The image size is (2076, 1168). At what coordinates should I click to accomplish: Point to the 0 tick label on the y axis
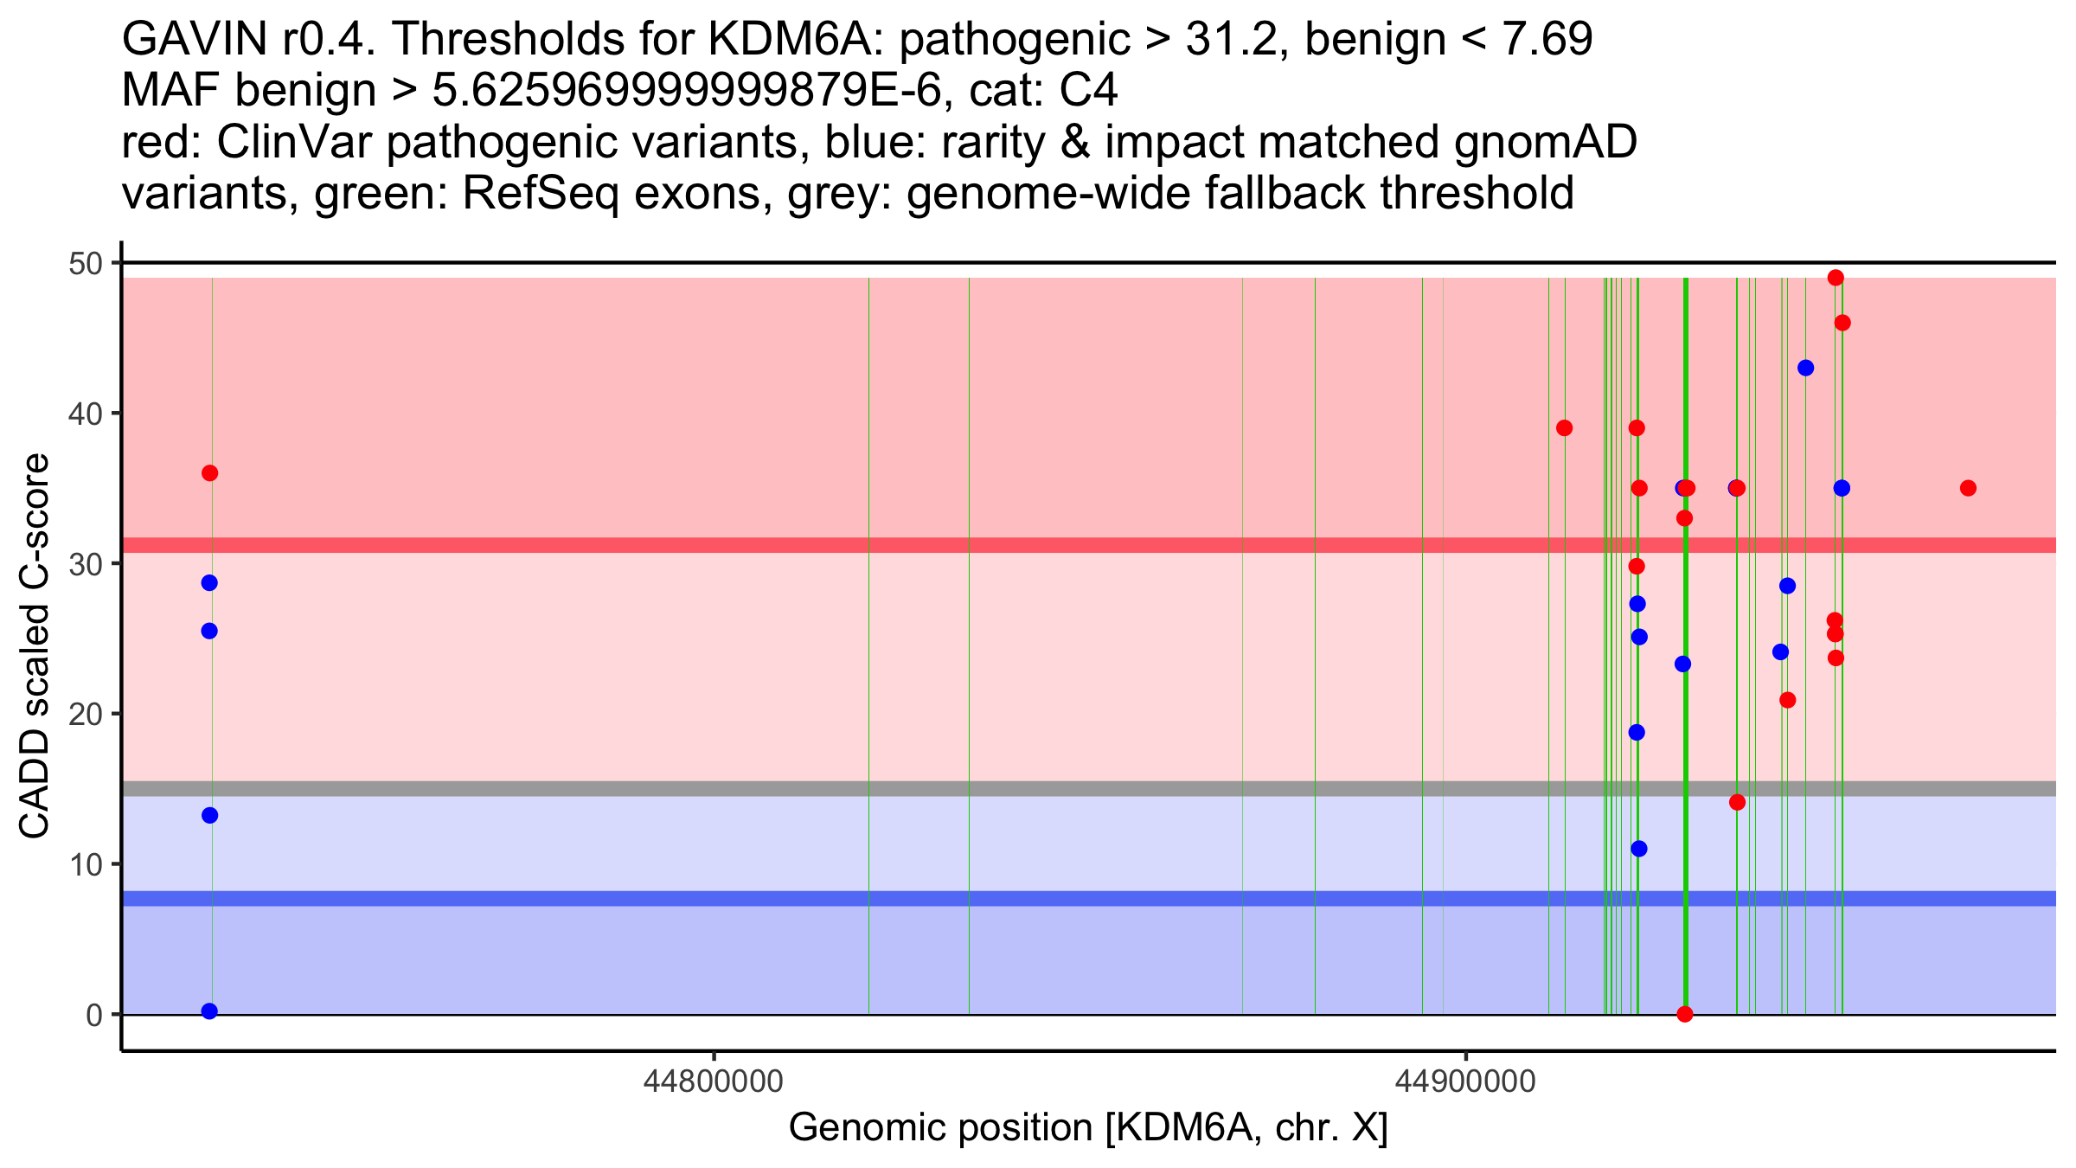pos(93,1015)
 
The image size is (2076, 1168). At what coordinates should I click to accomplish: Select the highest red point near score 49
pos(1836,278)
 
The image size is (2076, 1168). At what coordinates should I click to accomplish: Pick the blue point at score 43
pos(1805,368)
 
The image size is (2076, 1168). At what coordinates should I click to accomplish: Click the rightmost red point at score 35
pos(1968,488)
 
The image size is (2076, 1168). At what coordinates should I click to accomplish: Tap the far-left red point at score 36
pos(209,473)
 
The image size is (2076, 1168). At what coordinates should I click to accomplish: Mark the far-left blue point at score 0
pos(209,1011)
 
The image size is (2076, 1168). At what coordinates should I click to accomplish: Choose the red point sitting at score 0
pos(1684,1014)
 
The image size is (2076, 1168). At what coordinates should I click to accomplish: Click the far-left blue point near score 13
pos(209,815)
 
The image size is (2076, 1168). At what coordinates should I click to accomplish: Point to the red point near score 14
pos(1737,802)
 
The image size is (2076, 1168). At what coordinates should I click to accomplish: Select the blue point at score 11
pos(1638,848)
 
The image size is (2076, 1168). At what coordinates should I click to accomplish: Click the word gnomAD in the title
pos(1545,143)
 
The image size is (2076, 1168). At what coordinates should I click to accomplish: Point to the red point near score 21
pos(1787,700)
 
